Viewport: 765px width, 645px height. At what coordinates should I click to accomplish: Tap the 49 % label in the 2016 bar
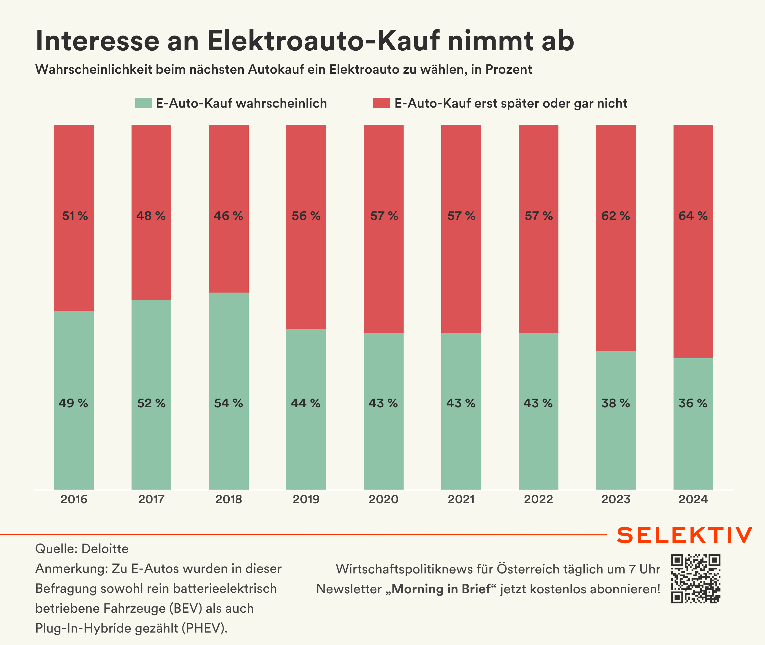click(x=73, y=403)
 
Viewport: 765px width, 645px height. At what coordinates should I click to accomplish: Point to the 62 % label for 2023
click(x=616, y=216)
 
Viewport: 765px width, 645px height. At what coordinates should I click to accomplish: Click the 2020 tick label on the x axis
click(x=383, y=500)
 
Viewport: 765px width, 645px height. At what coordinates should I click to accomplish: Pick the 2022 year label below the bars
click(x=539, y=500)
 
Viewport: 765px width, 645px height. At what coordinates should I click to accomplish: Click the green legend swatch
click(x=143, y=103)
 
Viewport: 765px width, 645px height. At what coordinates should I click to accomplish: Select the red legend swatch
click(x=382, y=103)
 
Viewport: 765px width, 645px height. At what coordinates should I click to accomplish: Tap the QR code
click(x=696, y=579)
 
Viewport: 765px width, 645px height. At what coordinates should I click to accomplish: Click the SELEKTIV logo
click(x=684, y=536)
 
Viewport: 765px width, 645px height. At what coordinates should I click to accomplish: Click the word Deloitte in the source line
click(x=105, y=549)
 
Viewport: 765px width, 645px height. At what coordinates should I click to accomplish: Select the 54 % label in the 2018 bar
click(x=229, y=403)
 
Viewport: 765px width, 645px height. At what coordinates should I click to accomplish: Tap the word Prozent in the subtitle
click(x=509, y=69)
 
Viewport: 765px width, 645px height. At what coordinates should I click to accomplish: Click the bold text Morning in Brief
click(x=441, y=589)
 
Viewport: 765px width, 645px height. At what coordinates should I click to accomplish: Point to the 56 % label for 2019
click(x=306, y=216)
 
